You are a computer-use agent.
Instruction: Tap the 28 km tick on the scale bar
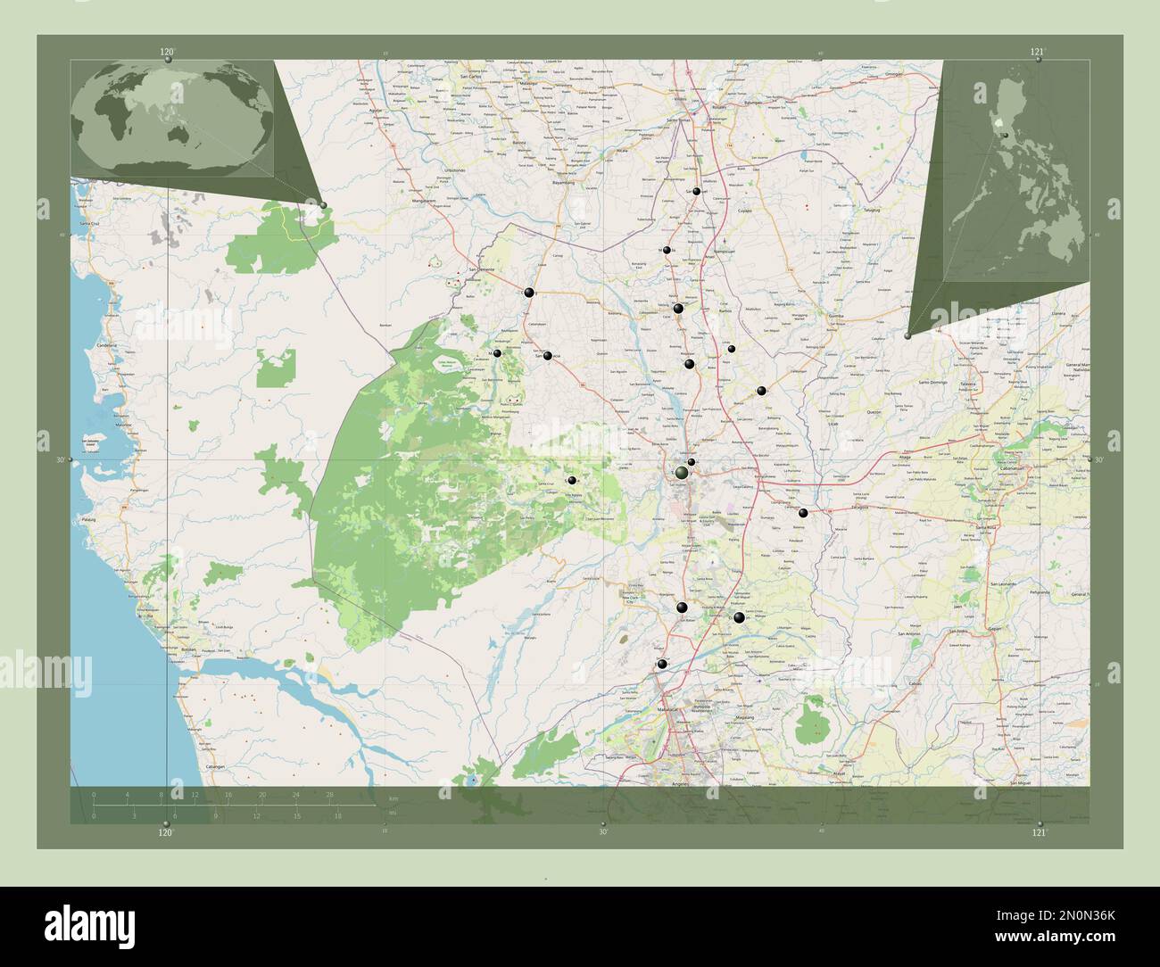pos(329,794)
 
